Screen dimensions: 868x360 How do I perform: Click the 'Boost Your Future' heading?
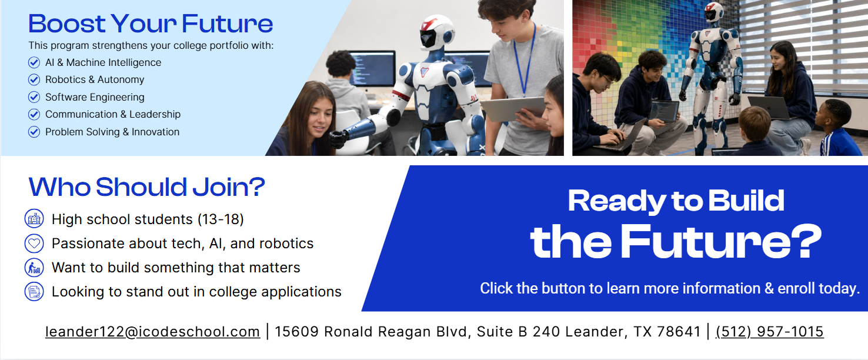pyautogui.click(x=151, y=24)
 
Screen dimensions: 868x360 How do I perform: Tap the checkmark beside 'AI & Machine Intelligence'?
pyautogui.click(x=34, y=62)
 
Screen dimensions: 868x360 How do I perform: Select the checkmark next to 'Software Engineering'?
pyautogui.click(x=34, y=97)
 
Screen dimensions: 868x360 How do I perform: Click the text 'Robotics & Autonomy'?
pyautogui.click(x=95, y=79)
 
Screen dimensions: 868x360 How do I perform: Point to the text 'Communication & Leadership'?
pyautogui.click(x=113, y=114)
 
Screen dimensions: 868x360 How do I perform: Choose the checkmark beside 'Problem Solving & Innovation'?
pyautogui.click(x=34, y=132)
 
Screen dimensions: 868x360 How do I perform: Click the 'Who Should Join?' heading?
pyautogui.click(x=147, y=187)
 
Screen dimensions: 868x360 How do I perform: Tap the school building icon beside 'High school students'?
pyautogui.click(x=34, y=219)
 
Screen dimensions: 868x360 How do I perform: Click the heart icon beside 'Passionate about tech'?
pyautogui.click(x=34, y=244)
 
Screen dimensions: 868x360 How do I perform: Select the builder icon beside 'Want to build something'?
pyautogui.click(x=34, y=268)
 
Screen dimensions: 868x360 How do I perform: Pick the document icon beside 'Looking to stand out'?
pyautogui.click(x=34, y=292)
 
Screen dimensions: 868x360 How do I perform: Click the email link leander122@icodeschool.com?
pyautogui.click(x=152, y=332)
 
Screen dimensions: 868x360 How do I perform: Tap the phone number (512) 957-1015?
pyautogui.click(x=770, y=332)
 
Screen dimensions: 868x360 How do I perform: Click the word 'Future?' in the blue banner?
pyautogui.click(x=721, y=242)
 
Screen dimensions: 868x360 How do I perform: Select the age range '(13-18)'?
pyautogui.click(x=221, y=219)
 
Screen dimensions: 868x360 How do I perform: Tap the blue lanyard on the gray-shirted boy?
pyautogui.click(x=525, y=58)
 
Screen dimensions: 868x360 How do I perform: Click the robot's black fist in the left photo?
pyautogui.click(x=338, y=139)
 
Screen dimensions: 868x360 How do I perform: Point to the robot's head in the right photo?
pyautogui.click(x=713, y=12)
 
